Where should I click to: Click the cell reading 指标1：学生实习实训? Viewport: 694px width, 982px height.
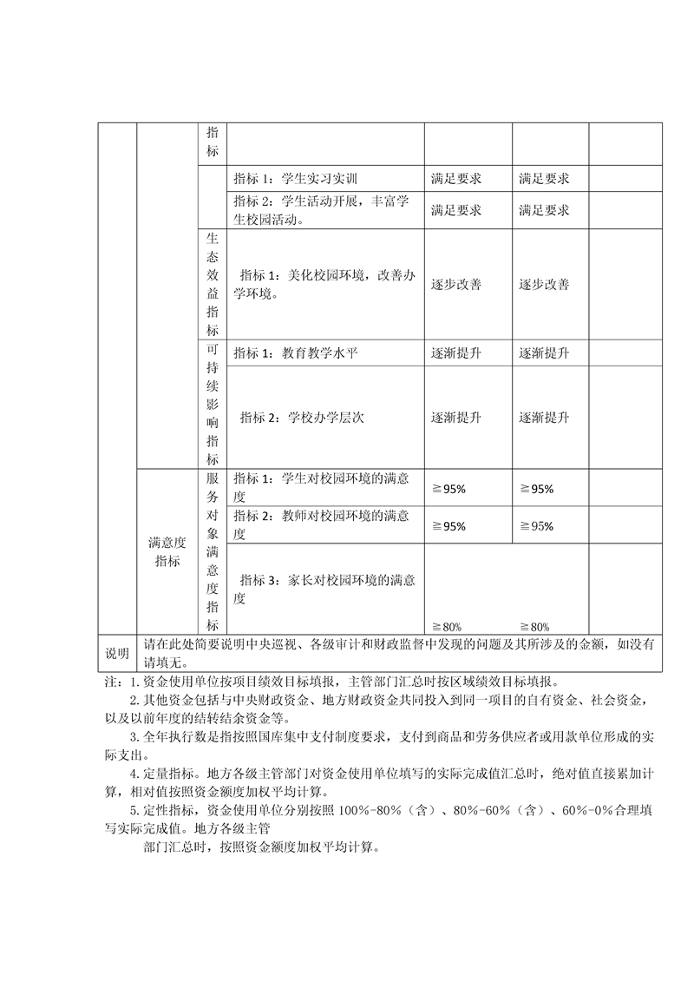[296, 179]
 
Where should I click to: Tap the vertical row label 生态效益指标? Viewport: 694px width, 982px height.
[213, 284]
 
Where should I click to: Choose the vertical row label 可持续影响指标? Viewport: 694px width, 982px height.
[213, 405]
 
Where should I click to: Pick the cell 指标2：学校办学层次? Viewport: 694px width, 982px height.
[302, 418]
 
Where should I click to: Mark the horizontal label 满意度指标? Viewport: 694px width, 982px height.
[167, 552]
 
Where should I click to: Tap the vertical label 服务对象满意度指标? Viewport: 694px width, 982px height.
[213, 552]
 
